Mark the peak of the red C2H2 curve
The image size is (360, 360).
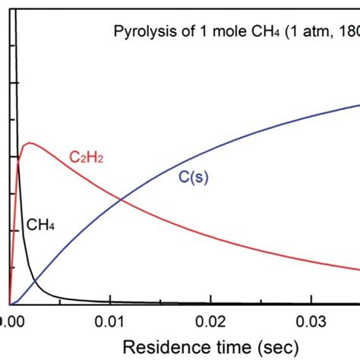(30, 143)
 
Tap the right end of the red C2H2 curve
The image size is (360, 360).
(358, 268)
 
